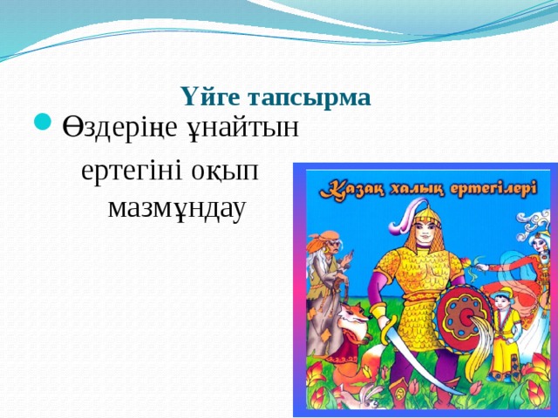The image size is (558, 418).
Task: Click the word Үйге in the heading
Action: (208, 98)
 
